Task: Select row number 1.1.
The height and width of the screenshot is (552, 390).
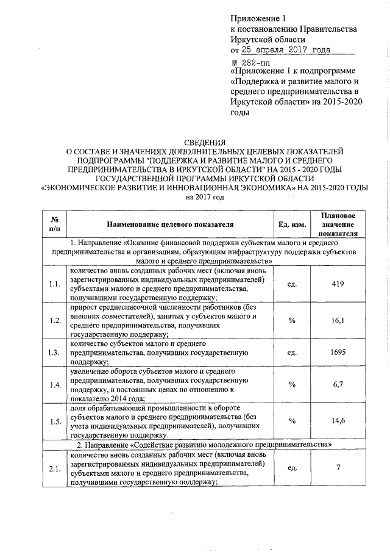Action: click(x=54, y=284)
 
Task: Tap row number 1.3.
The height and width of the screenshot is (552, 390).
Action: click(x=54, y=353)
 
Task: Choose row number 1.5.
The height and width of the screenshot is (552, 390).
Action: click(x=54, y=421)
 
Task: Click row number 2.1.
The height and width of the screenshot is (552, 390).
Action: click(x=54, y=468)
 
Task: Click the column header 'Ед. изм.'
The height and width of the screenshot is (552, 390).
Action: click(x=291, y=224)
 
